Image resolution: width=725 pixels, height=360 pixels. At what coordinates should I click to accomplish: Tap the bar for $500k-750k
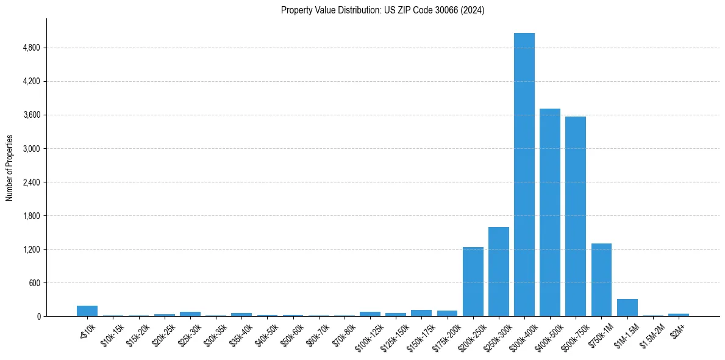[x=575, y=216]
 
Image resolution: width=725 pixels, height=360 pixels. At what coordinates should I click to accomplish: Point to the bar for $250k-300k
[x=498, y=272]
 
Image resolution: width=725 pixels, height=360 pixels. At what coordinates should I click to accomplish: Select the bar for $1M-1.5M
[x=627, y=308]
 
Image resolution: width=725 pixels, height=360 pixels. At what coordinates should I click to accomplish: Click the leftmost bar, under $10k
[x=87, y=311]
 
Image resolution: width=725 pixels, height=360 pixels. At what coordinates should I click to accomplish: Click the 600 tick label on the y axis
[x=34, y=283]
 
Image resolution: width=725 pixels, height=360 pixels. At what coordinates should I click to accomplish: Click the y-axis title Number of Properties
[x=9, y=167]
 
